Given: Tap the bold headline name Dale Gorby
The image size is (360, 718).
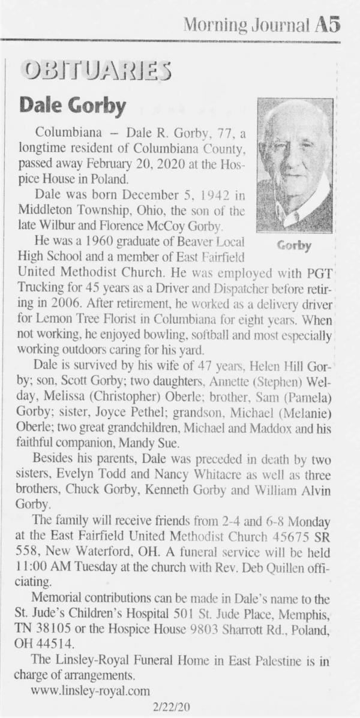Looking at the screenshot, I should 73,106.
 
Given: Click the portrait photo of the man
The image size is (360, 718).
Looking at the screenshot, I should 295,165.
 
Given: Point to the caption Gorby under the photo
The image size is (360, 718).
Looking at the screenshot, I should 295,245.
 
